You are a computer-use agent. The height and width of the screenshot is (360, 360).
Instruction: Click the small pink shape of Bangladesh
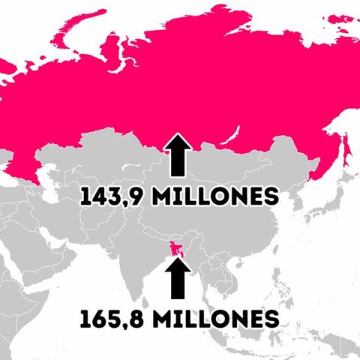point(178,248)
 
